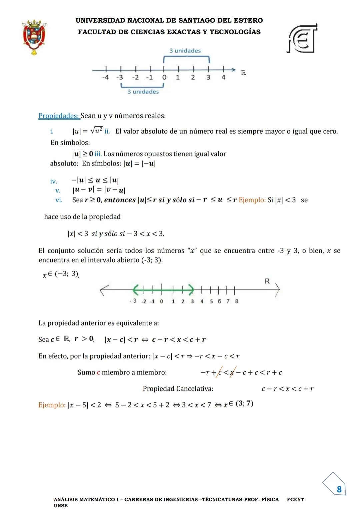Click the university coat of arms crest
coord(34,37)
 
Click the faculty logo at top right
coord(302,39)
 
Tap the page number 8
coord(339,489)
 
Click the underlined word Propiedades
coord(59,116)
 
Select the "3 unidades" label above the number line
coord(185,51)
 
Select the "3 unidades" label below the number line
coord(143,92)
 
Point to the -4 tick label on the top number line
coord(105,77)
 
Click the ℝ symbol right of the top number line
coord(243,73)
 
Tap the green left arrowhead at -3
coord(135,290)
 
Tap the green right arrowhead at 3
coord(191,290)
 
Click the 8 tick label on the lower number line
coord(237,301)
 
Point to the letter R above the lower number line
coord(267,281)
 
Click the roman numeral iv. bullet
coord(54,182)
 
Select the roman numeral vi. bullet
coord(59,200)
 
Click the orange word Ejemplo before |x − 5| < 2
coord(52,405)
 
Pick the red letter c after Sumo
coord(99,372)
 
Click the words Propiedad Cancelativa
coord(178,389)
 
